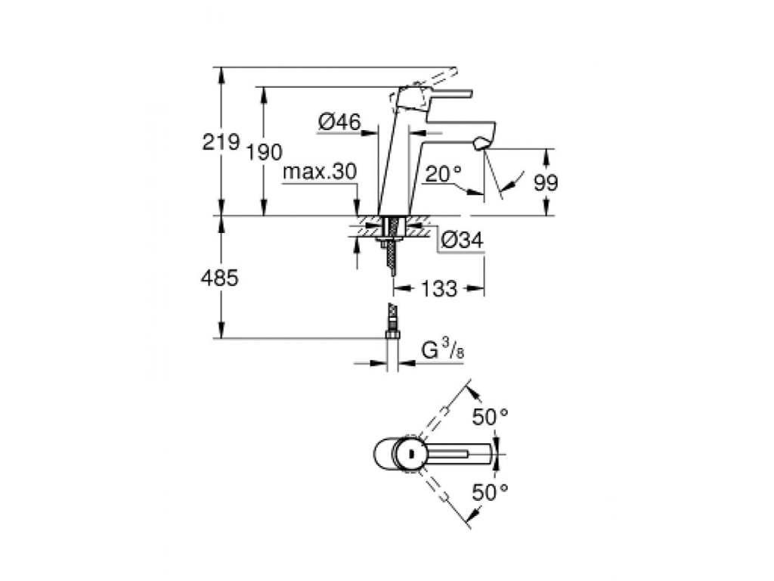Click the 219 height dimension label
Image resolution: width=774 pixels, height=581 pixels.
click(221, 142)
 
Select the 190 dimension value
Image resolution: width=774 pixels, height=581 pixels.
click(265, 153)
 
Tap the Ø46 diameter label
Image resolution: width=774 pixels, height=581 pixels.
click(339, 122)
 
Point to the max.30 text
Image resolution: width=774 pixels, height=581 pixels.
click(320, 172)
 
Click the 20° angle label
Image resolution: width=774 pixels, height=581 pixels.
click(443, 174)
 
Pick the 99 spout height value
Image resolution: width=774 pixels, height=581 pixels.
click(546, 183)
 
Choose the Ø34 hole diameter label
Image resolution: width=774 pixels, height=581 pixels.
click(462, 240)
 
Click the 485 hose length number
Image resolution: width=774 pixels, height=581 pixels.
click(220, 278)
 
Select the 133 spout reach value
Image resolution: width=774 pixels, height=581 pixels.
click(439, 289)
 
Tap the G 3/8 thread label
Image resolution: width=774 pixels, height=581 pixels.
click(442, 351)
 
